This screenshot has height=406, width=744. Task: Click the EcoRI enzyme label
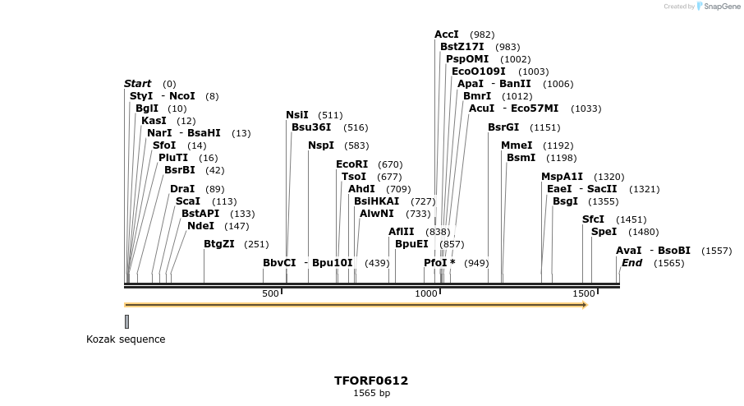(x=351, y=164)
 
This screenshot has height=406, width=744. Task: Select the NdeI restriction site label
(x=200, y=226)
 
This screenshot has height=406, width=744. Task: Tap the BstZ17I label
(x=462, y=47)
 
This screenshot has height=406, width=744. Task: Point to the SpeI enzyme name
(x=604, y=232)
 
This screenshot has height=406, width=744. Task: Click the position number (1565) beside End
(x=669, y=263)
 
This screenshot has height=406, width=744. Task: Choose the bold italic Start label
(x=137, y=84)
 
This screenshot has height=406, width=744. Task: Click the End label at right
(x=631, y=263)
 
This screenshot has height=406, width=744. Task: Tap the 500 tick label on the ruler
(x=270, y=293)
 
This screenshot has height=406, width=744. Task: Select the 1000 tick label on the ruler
(x=426, y=293)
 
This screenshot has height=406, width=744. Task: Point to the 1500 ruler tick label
(x=583, y=293)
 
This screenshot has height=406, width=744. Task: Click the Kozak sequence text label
(x=126, y=339)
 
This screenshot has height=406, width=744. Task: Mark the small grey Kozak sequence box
(x=126, y=321)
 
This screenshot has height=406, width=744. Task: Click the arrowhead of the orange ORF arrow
(x=585, y=305)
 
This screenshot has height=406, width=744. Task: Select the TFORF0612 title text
(x=371, y=381)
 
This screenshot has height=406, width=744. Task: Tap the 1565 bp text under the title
(x=371, y=394)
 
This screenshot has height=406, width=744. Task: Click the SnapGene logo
(x=718, y=7)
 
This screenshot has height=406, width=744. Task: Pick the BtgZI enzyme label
(x=219, y=243)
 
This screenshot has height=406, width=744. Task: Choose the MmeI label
(x=517, y=145)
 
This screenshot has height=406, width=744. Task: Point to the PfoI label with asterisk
(x=439, y=263)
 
